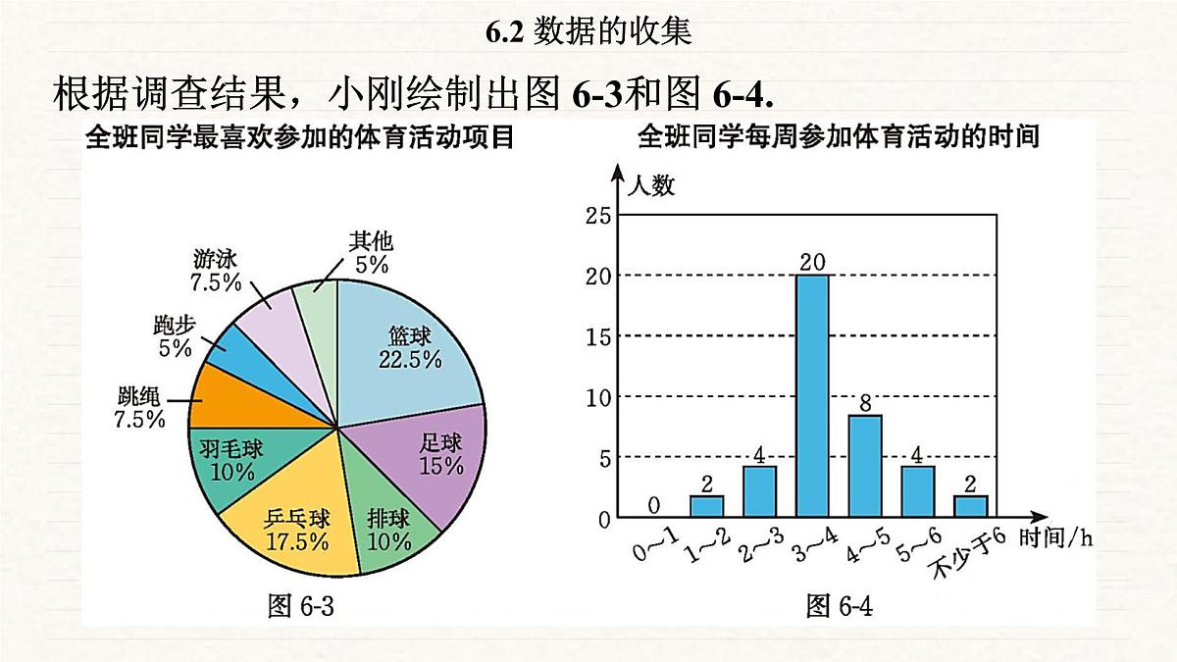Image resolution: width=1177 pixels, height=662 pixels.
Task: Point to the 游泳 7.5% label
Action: (216, 270)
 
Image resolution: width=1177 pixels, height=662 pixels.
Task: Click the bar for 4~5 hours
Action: (865, 466)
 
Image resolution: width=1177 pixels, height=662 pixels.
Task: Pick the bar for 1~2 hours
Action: (707, 506)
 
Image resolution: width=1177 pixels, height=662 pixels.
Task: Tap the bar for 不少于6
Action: (971, 506)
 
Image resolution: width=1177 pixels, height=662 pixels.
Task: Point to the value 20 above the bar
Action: (812, 262)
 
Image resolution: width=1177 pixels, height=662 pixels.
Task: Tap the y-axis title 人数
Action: (651, 185)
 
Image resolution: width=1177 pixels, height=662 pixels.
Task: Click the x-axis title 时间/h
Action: (1054, 536)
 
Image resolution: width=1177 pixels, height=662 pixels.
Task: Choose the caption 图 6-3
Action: (301, 606)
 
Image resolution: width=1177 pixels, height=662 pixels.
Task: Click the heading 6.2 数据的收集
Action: (588, 32)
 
